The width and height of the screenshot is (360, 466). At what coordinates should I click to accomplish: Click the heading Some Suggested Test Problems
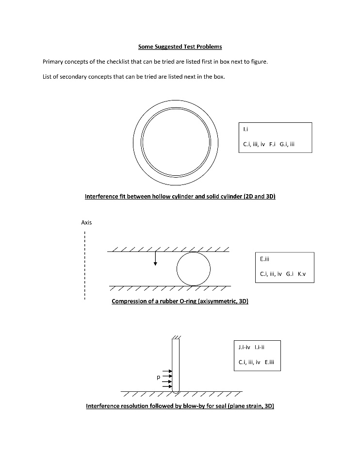180,47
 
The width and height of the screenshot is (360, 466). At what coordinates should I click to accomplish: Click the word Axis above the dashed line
86,223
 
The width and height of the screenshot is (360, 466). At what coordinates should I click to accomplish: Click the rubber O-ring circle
194,268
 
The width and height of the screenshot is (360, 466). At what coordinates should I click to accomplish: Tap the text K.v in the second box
302,274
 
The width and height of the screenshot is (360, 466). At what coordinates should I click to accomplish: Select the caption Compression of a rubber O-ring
180,301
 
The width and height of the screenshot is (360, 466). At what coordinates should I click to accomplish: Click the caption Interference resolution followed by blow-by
180,405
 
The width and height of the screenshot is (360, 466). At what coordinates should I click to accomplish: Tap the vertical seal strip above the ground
176,364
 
